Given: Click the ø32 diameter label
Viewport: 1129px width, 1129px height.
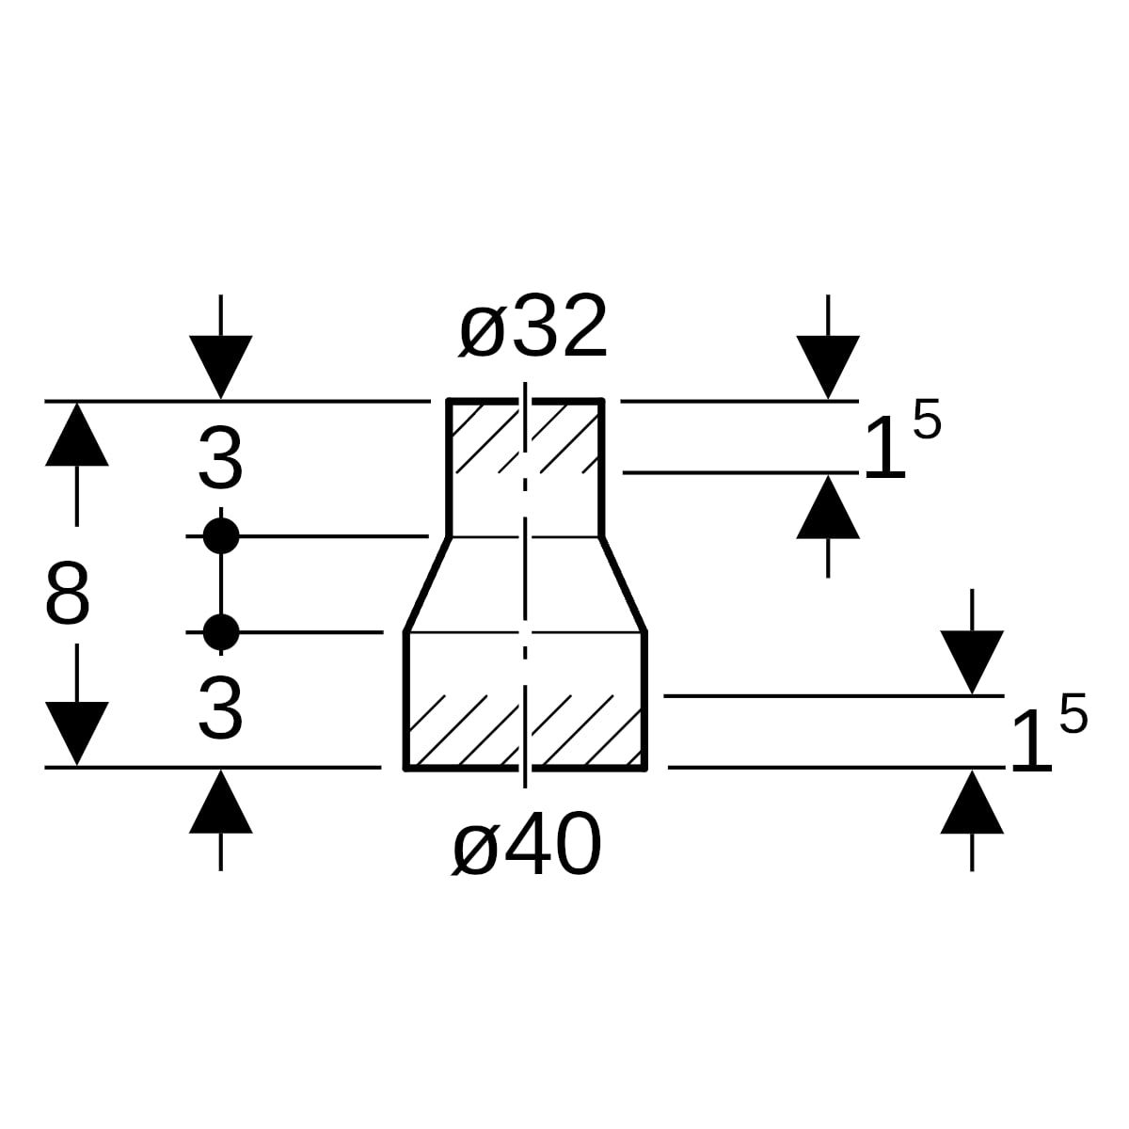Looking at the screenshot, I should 533,328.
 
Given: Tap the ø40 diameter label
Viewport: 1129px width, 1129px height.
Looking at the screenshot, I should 526,846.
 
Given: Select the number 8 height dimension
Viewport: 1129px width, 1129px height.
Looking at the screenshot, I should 68,596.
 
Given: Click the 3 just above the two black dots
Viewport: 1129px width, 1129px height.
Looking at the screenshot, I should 221,461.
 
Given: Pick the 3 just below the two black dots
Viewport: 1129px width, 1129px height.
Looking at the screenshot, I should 221,710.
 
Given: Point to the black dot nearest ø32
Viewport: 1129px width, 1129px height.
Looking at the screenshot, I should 221,536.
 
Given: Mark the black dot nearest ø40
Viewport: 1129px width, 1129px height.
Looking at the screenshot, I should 221,632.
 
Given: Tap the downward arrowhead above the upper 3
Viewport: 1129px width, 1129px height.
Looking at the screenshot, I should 221,365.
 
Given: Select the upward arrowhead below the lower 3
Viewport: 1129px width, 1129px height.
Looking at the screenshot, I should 221,803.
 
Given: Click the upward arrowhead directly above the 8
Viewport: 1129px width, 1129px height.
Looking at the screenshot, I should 76,435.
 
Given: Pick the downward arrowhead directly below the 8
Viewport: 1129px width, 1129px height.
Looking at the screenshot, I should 76,733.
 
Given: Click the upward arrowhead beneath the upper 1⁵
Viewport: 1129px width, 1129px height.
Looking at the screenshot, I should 828,508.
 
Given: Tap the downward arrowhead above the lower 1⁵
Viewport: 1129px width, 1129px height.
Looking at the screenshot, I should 972,661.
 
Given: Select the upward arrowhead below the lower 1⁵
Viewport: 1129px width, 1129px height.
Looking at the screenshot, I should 972,803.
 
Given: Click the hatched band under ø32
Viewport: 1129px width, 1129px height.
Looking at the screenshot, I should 525,437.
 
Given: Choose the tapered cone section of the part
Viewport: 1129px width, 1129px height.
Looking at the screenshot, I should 525,584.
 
